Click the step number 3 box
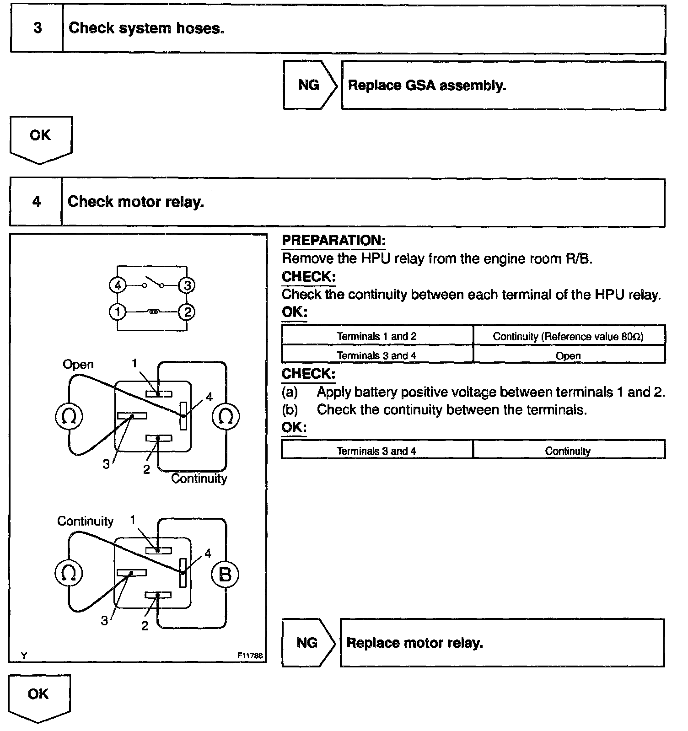click(37, 28)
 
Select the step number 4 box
click(36, 202)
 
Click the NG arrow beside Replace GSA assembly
click(310, 85)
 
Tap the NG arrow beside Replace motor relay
click(308, 643)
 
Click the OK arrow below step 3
click(40, 139)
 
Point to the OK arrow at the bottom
click(39, 697)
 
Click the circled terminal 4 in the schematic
click(118, 285)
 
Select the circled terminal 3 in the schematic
click(187, 285)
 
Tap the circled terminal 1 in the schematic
click(118, 312)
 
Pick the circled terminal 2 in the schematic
click(187, 312)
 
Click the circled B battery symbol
click(225, 574)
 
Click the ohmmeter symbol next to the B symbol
click(69, 573)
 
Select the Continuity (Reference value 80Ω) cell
click(568, 336)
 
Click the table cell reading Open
click(568, 355)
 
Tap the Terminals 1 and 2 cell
click(376, 336)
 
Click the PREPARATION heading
click(333, 240)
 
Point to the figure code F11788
click(250, 656)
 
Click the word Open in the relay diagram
click(78, 365)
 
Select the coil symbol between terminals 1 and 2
click(154, 312)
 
